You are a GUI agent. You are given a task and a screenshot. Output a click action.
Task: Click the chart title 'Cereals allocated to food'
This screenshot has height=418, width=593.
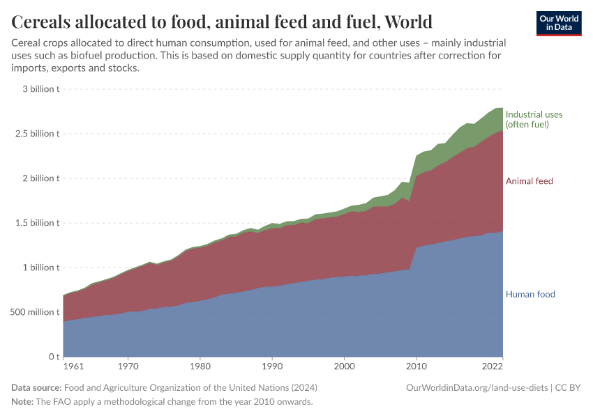tap(222, 22)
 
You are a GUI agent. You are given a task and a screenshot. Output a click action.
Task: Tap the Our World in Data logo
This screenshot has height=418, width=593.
tap(558, 23)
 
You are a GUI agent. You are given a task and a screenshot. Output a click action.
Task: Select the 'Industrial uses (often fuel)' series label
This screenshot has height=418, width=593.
tap(534, 119)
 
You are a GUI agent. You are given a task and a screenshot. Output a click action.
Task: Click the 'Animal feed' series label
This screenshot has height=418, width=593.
tap(529, 181)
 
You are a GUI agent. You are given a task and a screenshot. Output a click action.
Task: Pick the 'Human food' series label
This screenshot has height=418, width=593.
tap(530, 294)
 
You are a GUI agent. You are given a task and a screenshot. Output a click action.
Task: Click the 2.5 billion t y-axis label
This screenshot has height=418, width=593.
tap(36, 134)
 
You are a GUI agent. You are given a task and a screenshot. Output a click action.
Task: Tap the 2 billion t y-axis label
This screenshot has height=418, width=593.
tap(39, 178)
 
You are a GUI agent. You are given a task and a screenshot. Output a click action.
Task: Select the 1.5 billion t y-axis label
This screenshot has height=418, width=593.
tap(36, 223)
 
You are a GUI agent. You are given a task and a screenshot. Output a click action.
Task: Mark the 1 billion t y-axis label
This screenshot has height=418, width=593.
tap(39, 268)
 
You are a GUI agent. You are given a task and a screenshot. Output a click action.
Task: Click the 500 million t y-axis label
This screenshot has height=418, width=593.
tap(34, 312)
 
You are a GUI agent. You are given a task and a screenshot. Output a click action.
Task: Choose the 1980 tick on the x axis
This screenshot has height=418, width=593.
tap(200, 366)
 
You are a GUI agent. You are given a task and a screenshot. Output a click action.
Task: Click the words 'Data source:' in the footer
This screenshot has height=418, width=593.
tap(36, 387)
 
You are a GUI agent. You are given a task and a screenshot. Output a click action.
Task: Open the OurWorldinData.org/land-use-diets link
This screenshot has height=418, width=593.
tap(476, 387)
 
